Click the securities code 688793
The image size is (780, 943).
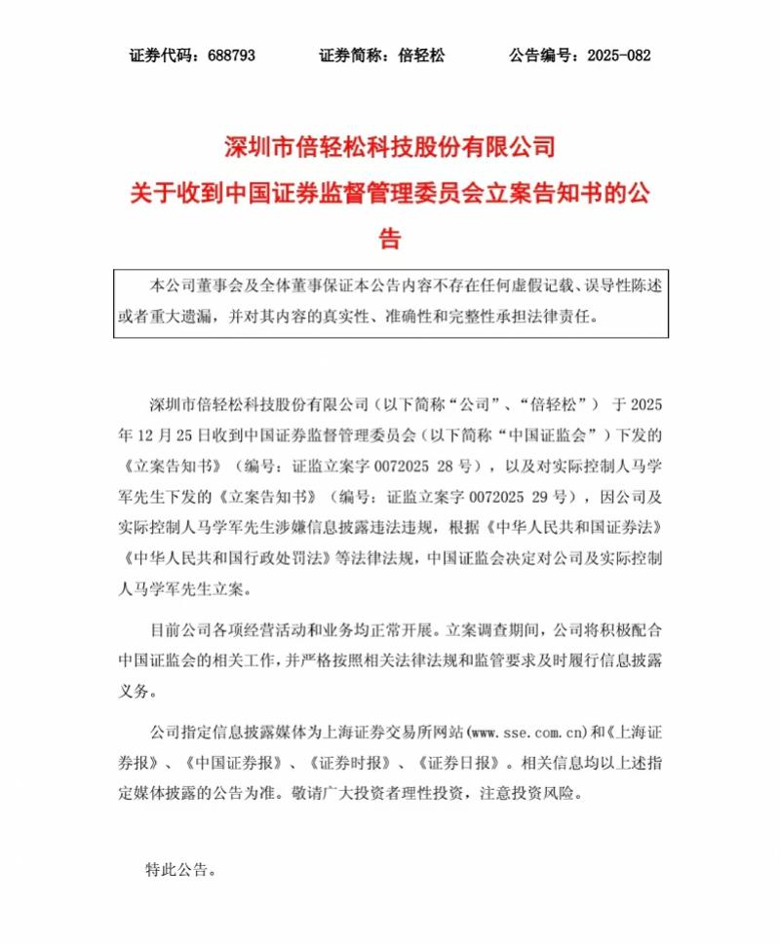point(231,56)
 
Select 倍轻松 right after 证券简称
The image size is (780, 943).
point(421,56)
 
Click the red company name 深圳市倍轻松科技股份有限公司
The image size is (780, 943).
point(389,148)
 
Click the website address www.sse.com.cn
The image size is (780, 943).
point(526,730)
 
